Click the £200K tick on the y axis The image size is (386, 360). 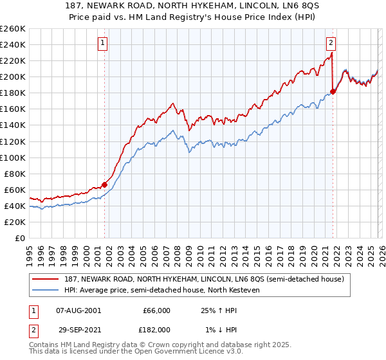(x=13, y=76)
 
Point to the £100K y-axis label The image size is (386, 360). (x=13, y=157)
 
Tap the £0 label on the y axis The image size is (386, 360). (x=19, y=238)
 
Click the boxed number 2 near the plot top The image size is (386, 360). (x=331, y=44)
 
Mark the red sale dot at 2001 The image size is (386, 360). (x=104, y=185)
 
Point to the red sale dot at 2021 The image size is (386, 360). (x=333, y=91)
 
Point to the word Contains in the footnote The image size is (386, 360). (x=44, y=345)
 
